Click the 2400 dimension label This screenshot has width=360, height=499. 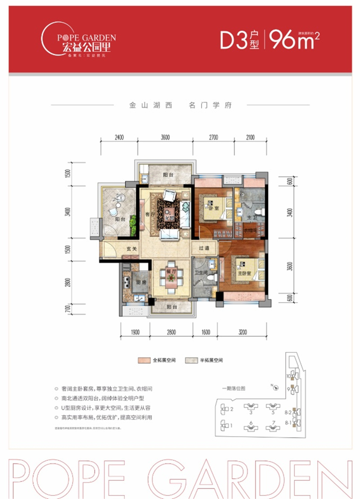coord(119,137)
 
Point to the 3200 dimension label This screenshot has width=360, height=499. coord(243,332)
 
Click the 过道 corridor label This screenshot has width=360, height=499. coord(202,248)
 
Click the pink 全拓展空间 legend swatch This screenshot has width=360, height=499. coord(144,360)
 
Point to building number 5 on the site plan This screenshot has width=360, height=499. coord(273,411)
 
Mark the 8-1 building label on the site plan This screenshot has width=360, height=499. coord(288,423)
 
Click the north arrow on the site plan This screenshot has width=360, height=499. coord(273,386)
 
